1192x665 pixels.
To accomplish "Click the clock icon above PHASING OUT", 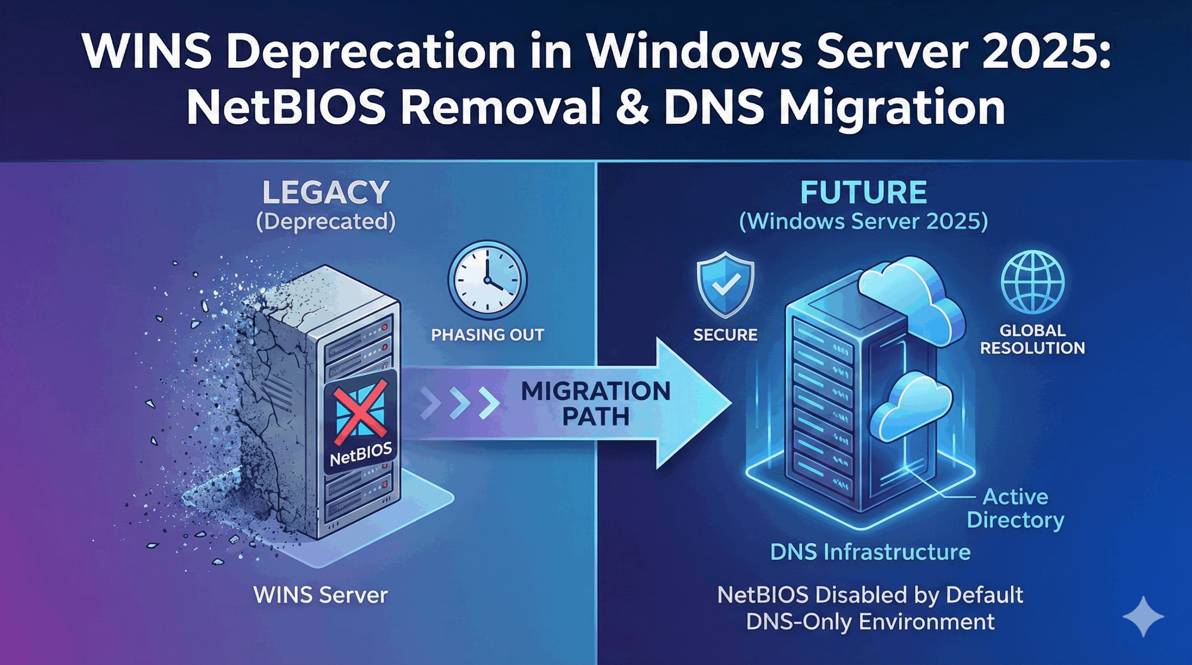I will click(x=488, y=281).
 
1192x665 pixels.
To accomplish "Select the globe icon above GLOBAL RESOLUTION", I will click(x=1033, y=282).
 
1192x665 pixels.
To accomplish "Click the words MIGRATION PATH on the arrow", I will click(x=596, y=403).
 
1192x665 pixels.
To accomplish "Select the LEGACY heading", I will click(x=326, y=192).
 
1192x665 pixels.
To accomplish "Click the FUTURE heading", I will click(x=864, y=192).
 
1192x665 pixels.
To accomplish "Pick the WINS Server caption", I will click(x=320, y=595).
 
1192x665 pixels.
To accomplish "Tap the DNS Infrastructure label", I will click(x=870, y=552).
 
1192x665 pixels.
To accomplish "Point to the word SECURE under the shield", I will click(x=725, y=335).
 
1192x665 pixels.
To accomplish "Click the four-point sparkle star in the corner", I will click(x=1143, y=616).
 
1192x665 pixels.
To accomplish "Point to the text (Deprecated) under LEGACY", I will click(x=326, y=222).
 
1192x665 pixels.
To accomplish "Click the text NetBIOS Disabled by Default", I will click(x=870, y=595).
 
